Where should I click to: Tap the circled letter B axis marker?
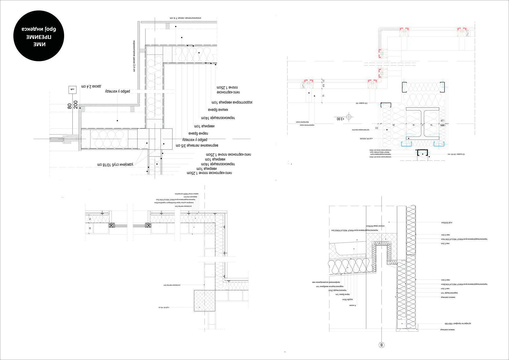click(x=382, y=345)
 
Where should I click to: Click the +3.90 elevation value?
click(x=340, y=119)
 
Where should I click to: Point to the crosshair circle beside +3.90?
click(x=349, y=117)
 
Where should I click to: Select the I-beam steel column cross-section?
click(x=422, y=122)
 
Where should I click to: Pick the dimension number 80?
click(x=70, y=106)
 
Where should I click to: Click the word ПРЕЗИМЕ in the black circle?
click(x=39, y=37)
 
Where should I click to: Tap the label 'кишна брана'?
click(x=218, y=110)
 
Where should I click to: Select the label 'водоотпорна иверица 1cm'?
click(x=232, y=102)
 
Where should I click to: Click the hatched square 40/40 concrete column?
click(x=205, y=301)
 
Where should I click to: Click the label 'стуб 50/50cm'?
click(x=447, y=223)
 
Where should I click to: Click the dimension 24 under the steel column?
click(x=394, y=125)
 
